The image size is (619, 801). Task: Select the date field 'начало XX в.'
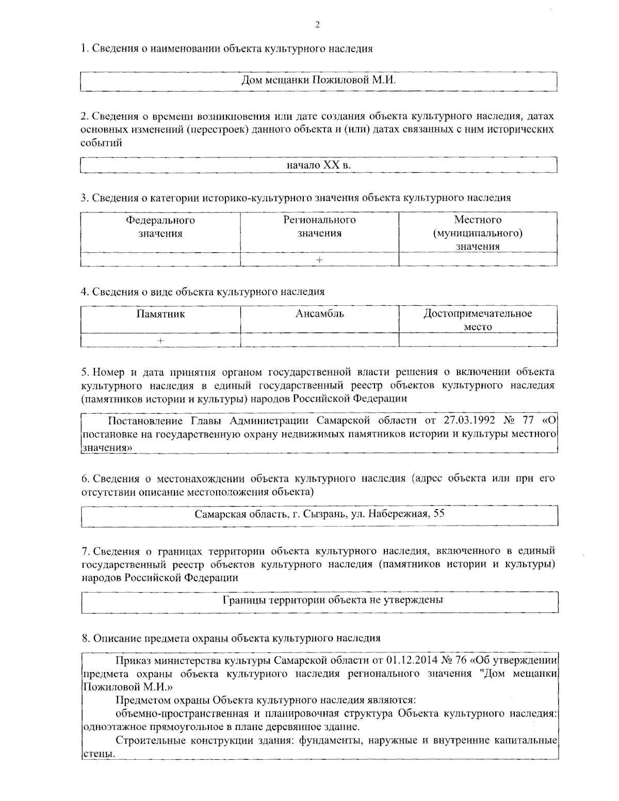(x=319, y=165)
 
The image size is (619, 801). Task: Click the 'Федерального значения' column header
(x=160, y=227)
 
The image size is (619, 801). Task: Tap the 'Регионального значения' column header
(x=319, y=227)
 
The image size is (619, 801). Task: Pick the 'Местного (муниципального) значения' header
(x=478, y=233)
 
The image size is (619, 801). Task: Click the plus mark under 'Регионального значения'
(x=319, y=259)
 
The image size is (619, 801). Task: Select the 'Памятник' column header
(x=160, y=314)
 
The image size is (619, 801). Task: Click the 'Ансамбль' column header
(x=319, y=314)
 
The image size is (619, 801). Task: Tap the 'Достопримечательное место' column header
(x=478, y=320)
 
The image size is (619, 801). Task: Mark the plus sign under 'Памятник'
(x=160, y=340)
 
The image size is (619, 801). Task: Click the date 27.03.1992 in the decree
(x=469, y=421)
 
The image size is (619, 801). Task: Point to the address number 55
(x=439, y=514)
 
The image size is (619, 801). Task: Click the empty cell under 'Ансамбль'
(x=319, y=340)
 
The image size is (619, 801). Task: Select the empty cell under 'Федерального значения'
(x=160, y=259)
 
